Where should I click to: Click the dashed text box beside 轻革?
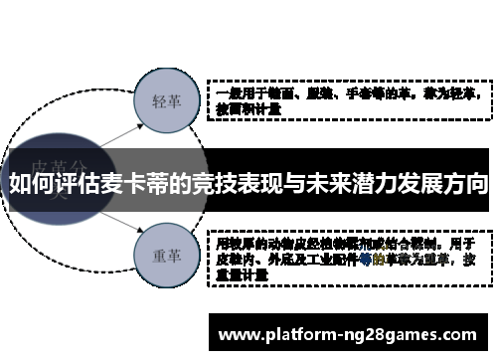click(348, 100)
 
